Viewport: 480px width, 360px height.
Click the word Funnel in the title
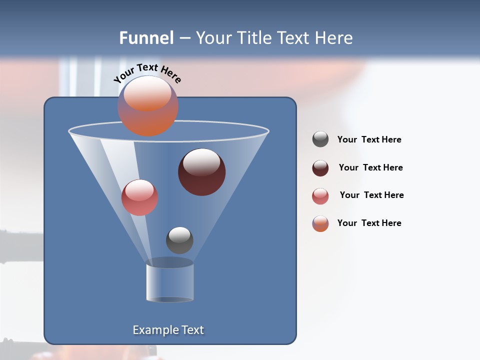(x=146, y=38)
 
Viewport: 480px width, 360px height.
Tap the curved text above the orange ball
(x=147, y=73)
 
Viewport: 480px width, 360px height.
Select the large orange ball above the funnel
(x=147, y=106)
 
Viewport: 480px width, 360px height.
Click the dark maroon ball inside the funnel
(x=201, y=172)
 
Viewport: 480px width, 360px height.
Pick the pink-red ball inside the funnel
(x=139, y=197)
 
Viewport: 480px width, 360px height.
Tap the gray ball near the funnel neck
(x=179, y=240)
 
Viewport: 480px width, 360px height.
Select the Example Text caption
(x=168, y=330)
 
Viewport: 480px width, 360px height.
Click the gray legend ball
(x=320, y=139)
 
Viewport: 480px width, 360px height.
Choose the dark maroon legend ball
(x=320, y=168)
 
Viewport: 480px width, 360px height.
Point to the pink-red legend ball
(x=320, y=196)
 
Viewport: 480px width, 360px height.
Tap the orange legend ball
(x=320, y=223)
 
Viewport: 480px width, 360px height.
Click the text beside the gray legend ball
(x=369, y=140)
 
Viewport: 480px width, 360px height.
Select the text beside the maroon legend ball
(x=370, y=168)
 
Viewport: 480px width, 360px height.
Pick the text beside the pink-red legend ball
(x=371, y=195)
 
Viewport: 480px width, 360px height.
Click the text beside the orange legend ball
(x=369, y=223)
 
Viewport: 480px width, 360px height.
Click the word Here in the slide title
(x=334, y=38)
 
